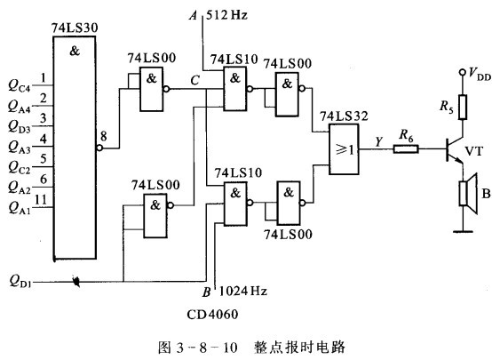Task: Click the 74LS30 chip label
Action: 75,28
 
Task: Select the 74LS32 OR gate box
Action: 344,149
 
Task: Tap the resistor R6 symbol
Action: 406,148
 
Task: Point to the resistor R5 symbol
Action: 462,107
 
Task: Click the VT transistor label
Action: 474,151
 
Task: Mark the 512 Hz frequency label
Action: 226,15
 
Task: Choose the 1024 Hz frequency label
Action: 242,291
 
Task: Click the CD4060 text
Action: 212,314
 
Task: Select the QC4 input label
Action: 20,85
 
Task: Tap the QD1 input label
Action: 20,281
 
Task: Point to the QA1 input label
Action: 20,208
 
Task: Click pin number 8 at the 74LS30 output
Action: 104,136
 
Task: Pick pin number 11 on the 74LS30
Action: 41,199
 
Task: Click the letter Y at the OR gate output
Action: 379,141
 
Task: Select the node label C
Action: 194,80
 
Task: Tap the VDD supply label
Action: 480,74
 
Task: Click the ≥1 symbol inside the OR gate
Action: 345,149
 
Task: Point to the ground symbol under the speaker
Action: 463,231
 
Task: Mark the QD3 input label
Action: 20,126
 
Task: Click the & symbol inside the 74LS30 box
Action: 75,51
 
